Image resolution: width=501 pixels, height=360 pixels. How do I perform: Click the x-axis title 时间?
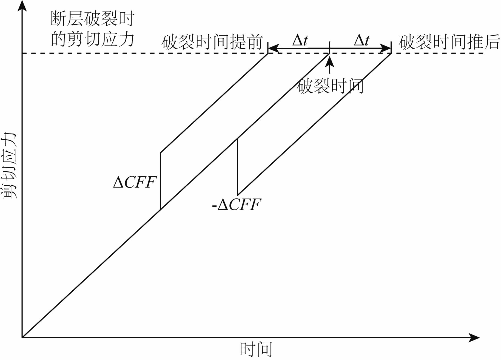[256, 349]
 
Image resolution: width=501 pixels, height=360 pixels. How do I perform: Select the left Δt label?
[300, 41]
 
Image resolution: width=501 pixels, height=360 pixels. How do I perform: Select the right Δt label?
[361, 41]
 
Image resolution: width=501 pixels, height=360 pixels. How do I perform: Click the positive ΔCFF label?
[135, 182]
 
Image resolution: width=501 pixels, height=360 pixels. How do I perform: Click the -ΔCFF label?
[237, 205]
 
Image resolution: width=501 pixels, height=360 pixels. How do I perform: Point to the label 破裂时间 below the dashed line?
[330, 86]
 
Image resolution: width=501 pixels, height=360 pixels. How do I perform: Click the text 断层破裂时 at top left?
[92, 19]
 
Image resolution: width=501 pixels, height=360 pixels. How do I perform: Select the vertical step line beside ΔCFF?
[160, 181]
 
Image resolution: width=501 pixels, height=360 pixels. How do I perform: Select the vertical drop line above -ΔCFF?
[237, 167]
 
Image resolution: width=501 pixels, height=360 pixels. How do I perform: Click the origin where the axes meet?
[22, 338]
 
